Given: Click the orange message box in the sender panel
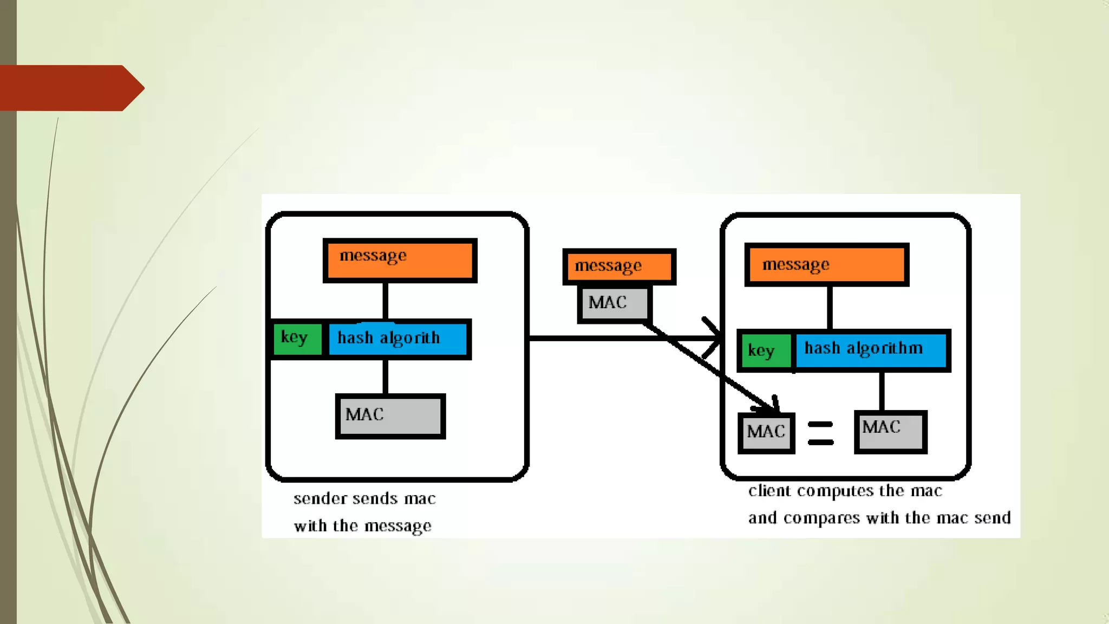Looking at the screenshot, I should click(400, 261).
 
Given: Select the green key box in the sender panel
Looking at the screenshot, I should click(297, 339).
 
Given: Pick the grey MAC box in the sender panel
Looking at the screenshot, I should click(390, 416).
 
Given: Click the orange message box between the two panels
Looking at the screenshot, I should click(619, 266).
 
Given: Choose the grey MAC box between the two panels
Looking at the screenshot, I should click(614, 303).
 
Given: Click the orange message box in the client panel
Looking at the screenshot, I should click(826, 265).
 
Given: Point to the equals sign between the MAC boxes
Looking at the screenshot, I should click(820, 433).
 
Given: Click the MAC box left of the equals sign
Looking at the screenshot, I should click(766, 432).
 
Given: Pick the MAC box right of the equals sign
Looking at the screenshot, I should click(890, 431).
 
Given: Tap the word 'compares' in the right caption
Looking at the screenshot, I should click(821, 518).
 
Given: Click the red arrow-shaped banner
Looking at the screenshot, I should click(70, 88).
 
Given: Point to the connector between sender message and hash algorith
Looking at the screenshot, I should click(385, 301).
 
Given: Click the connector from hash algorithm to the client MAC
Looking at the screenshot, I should click(882, 391).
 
